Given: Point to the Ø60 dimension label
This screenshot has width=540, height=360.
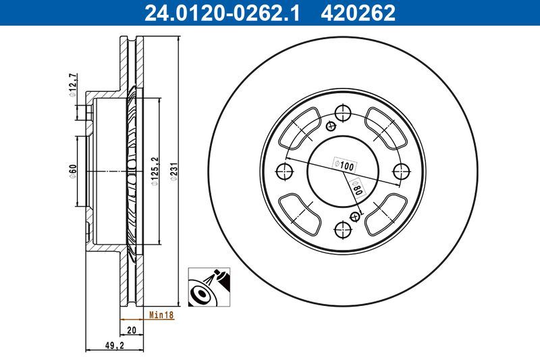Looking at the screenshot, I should click(74, 171).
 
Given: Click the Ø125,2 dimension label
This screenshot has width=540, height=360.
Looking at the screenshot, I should click(155, 171).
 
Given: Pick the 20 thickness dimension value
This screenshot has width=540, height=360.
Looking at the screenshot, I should click(132, 329).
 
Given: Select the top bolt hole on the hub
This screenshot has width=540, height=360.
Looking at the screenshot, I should click(344, 112).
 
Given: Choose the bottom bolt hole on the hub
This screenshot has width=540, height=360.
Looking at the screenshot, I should click(344, 229).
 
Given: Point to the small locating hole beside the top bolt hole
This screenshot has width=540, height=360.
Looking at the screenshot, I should click(331, 125).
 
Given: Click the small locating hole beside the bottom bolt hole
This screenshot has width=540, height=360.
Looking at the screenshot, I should click(356, 216).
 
